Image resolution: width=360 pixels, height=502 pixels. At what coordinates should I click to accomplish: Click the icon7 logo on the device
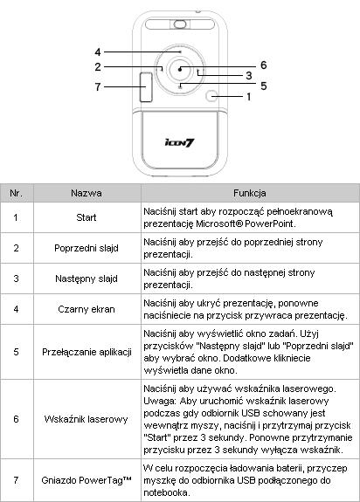pos(180,142)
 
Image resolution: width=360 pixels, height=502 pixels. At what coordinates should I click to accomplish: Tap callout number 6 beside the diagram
pos(263,65)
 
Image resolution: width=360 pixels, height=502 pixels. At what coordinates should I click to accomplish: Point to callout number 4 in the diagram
pos(98,52)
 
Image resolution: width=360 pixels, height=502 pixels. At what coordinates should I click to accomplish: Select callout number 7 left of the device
pos(98,86)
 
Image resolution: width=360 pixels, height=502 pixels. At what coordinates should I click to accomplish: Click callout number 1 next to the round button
pos(248,96)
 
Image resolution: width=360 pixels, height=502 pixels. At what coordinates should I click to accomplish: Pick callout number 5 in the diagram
pos(263,86)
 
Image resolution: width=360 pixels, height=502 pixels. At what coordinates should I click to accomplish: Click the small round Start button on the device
pos(211,96)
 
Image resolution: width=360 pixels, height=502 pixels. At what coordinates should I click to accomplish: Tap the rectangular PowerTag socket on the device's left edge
pos(146,87)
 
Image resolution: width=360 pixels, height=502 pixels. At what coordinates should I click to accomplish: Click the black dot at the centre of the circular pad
pos(180,69)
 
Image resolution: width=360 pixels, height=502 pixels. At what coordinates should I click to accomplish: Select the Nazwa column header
pos(87,193)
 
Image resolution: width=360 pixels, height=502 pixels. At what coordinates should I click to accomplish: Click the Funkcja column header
pos(250,193)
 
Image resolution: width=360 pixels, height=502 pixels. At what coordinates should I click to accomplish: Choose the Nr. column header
pos(16,193)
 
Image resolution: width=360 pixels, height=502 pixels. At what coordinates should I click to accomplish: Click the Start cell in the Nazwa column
pos(87,217)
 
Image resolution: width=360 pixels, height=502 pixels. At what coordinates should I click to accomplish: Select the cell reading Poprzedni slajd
pos(87,248)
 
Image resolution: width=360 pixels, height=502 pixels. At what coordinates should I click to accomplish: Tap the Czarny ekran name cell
pos(87,309)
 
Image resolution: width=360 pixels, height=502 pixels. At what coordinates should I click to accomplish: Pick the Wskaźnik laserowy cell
pos(87,419)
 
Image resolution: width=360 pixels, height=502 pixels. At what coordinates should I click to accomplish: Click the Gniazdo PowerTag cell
pos(87,480)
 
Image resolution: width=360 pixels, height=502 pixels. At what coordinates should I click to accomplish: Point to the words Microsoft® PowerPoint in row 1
pos(245,223)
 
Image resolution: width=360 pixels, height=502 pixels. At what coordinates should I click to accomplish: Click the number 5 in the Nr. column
pos(16,352)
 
